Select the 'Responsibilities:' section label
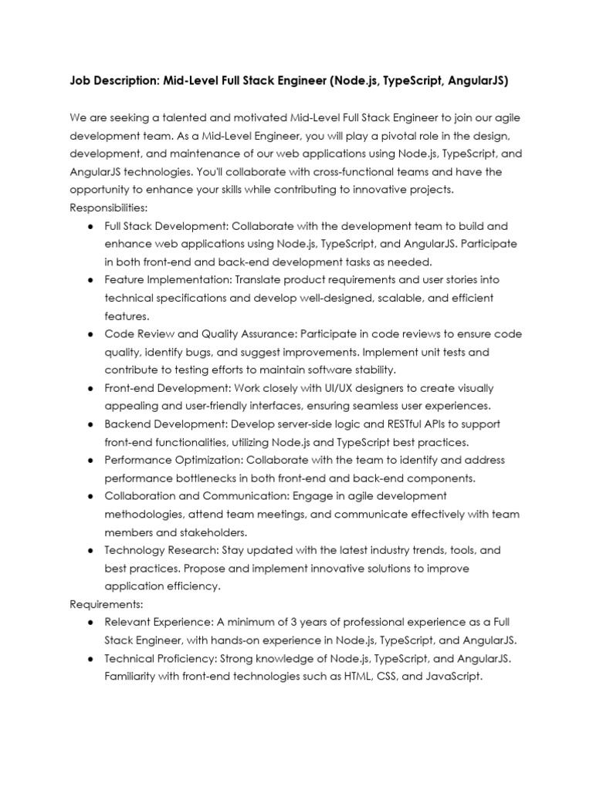click(x=108, y=208)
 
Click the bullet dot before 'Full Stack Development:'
click(x=91, y=226)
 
